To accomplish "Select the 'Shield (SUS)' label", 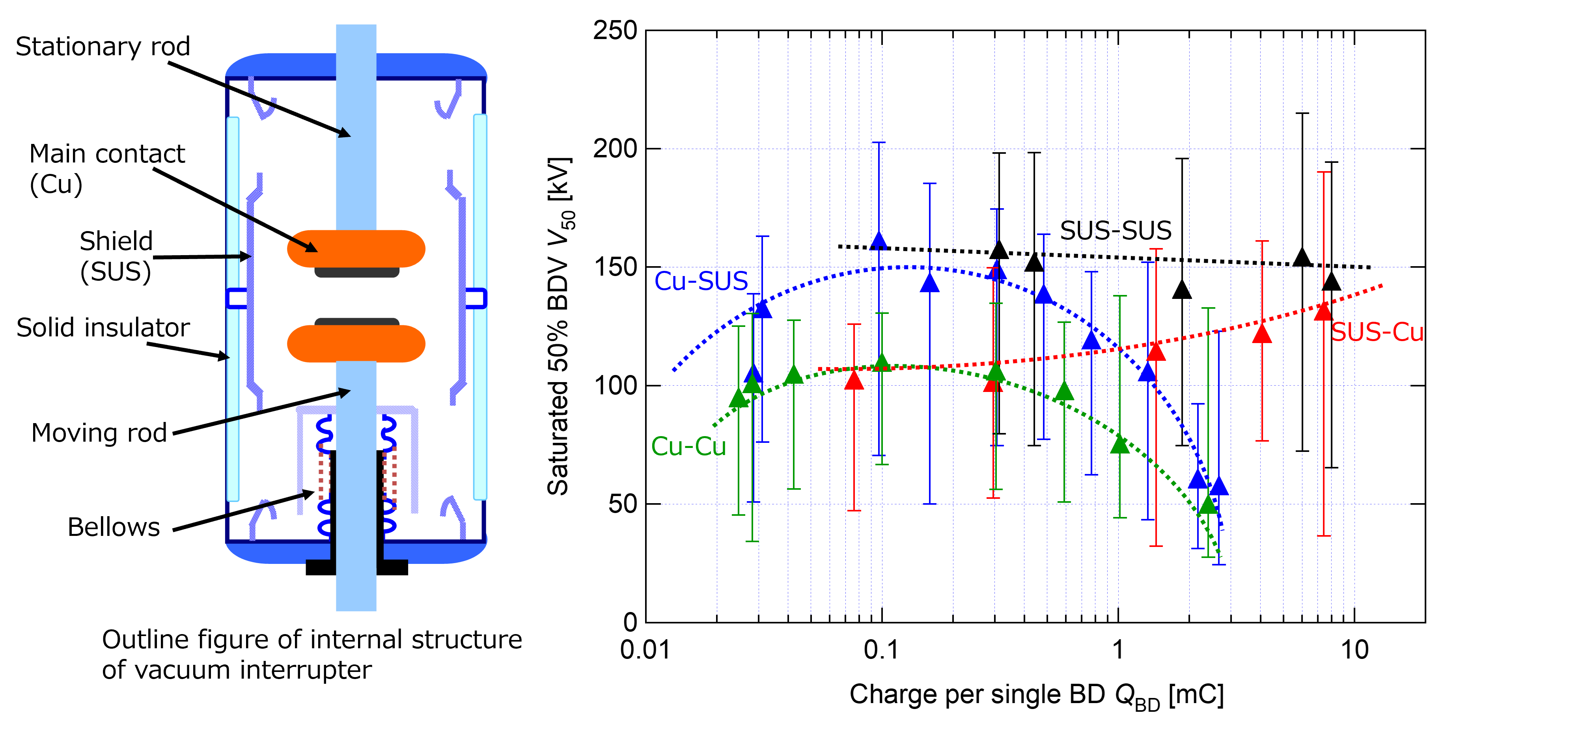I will click(116, 256).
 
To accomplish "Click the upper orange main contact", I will click(356, 248).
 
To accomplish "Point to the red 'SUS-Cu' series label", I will click(1377, 332).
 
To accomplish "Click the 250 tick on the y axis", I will click(615, 31).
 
